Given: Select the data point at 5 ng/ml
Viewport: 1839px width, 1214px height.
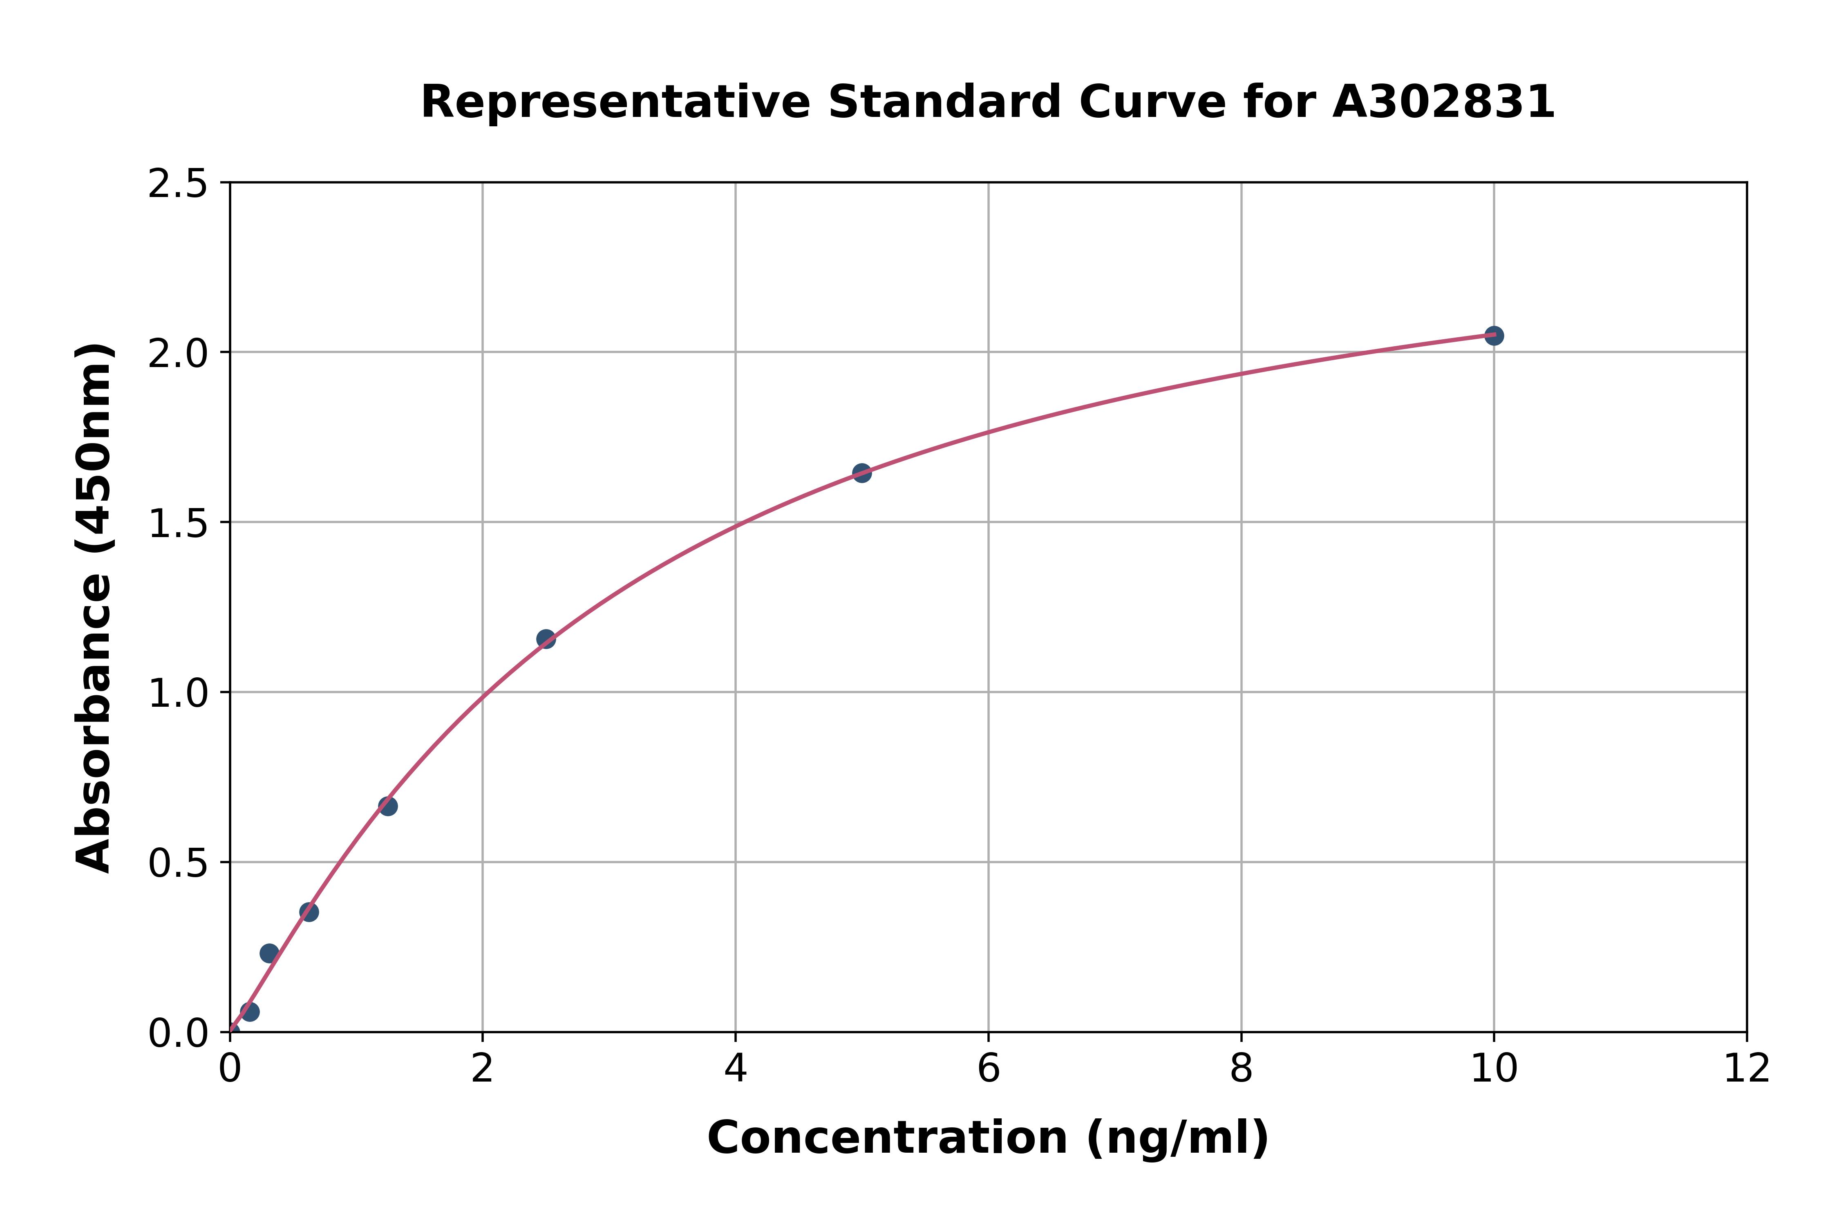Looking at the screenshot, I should (x=861, y=472).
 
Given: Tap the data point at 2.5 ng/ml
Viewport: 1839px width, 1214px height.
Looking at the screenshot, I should (x=546, y=639).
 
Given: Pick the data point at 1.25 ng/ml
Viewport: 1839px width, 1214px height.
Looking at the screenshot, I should (x=388, y=806).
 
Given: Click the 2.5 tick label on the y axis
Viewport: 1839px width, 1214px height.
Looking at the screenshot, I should (x=177, y=184).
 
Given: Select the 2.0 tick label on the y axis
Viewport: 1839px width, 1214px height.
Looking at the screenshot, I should (x=177, y=354).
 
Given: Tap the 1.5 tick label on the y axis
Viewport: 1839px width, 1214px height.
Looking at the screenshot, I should (x=177, y=524).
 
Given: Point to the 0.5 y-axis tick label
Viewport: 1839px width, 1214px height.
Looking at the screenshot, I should (x=177, y=863).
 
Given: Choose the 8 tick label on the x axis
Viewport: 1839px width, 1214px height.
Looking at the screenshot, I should (x=1241, y=1070).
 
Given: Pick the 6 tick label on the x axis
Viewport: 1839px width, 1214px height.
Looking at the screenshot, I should (x=989, y=1070).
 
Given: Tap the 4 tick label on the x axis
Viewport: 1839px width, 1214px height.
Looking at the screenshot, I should (x=735, y=1070).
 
